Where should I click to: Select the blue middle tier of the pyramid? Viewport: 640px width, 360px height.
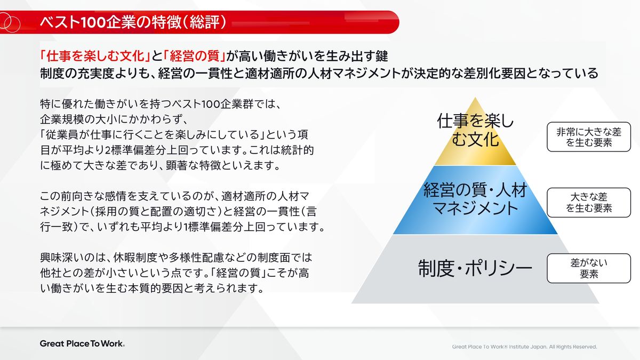coord(475,200)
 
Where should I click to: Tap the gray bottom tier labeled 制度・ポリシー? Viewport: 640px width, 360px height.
coord(475,269)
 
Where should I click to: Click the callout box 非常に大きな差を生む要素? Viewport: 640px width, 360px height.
coord(589,137)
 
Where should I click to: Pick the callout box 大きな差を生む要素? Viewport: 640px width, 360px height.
coord(589,203)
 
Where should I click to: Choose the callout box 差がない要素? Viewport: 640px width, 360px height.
coord(589,268)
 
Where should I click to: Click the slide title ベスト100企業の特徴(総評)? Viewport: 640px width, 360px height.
coord(133,22)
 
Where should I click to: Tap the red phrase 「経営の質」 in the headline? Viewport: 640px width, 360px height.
coord(195,56)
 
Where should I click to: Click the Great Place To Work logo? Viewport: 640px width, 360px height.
coord(82,343)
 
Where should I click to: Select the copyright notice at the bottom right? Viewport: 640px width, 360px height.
coord(524,347)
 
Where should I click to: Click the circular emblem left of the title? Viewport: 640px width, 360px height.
coord(10,23)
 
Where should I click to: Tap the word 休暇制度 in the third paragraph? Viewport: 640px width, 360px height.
coord(135,258)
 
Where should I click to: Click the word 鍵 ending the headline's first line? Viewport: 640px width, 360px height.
coord(382,56)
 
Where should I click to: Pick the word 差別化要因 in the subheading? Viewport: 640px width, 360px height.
coord(498,73)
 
